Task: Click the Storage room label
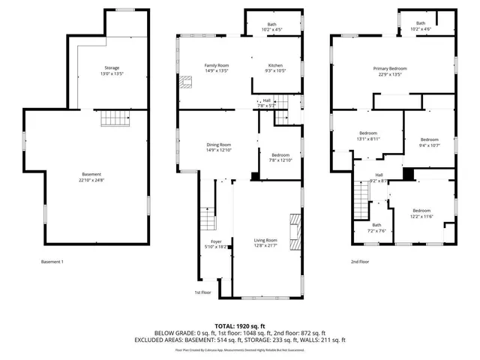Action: (112, 70)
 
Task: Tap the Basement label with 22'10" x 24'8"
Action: (92, 177)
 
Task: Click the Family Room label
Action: (217, 68)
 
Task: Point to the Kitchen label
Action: (276, 68)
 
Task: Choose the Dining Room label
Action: (219, 147)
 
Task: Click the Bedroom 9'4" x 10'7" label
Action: (429, 142)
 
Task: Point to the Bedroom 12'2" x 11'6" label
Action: (421, 213)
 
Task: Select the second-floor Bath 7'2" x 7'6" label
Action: (376, 228)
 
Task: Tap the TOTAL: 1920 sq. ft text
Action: (240, 326)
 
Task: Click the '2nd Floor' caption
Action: (360, 262)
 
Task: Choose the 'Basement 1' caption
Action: (52, 262)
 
